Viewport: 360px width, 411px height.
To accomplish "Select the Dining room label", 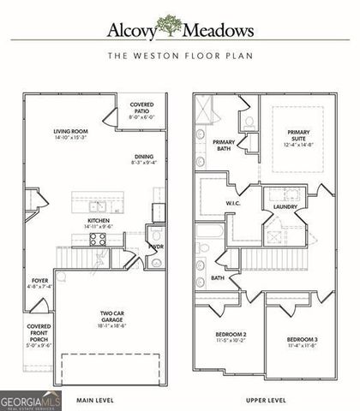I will [144, 160].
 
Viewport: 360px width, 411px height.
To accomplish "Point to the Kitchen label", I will [99, 223].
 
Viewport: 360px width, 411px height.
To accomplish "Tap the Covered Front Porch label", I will [39, 336].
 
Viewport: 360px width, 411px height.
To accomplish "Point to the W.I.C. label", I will [232, 203].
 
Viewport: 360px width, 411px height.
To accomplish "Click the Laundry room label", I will [285, 207].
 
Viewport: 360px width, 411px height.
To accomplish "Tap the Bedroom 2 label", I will [231, 337].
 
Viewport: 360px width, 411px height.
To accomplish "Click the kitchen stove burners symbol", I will [98, 239].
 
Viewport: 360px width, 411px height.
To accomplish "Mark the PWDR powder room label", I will [155, 247].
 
